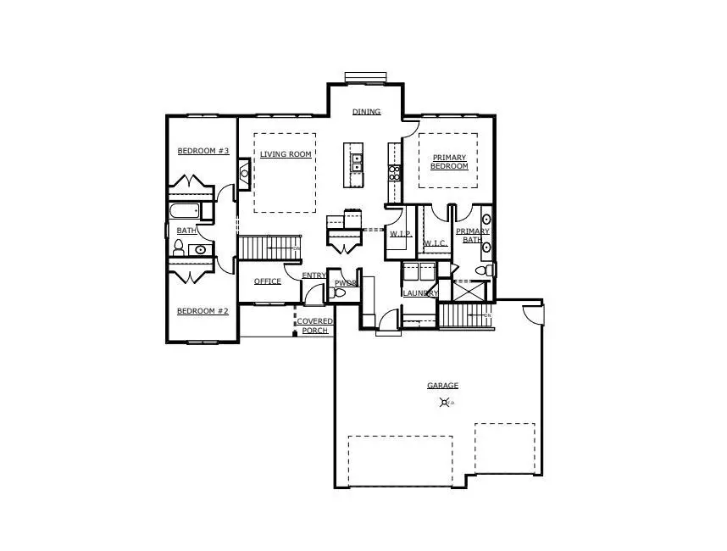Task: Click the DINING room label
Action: [x=367, y=112]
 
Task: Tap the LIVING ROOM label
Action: [x=286, y=154]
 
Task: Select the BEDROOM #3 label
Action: [x=203, y=151]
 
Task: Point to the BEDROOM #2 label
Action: [x=203, y=311]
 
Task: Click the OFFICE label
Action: [x=267, y=281]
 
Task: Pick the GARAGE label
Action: [x=442, y=386]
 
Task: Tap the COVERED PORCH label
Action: [x=314, y=326]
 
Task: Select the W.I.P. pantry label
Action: [x=400, y=233]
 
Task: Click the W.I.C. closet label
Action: [x=436, y=244]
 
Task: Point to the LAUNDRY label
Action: [x=420, y=293]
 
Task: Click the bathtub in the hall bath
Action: [x=184, y=210]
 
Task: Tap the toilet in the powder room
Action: [x=340, y=292]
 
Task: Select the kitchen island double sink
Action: [x=358, y=162]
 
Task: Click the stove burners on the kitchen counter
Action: [x=394, y=173]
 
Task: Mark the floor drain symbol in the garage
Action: [x=446, y=403]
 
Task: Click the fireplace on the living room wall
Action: [x=244, y=174]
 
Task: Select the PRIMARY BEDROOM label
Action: [x=449, y=162]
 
